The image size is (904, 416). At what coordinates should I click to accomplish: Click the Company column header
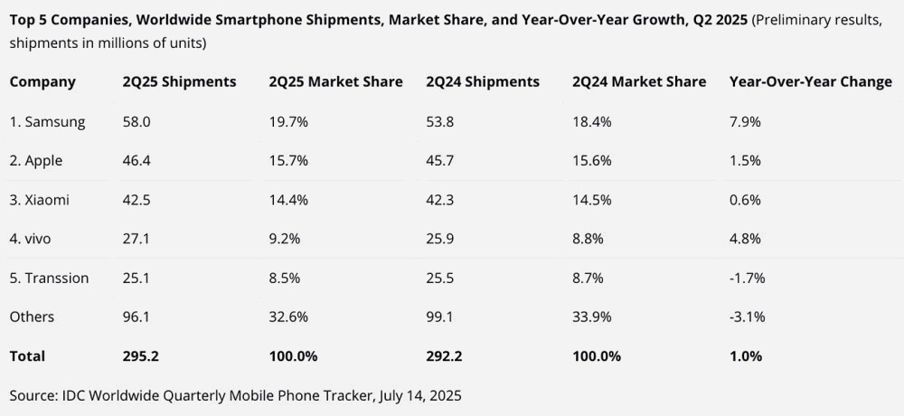[x=42, y=82]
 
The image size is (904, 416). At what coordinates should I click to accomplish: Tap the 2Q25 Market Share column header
[x=335, y=82]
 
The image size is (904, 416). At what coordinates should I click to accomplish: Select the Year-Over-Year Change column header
[x=810, y=82]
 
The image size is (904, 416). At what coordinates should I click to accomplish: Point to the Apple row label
[x=39, y=161]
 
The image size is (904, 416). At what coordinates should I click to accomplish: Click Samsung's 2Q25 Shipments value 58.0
[x=137, y=122]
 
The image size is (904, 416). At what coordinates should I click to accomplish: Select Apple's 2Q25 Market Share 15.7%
[x=288, y=161]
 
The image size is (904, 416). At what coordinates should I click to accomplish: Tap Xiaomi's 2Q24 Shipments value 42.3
[x=440, y=200]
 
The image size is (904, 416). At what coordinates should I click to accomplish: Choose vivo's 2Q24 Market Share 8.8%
[x=589, y=239]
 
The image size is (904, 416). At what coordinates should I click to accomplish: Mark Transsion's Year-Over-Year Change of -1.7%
[x=747, y=278]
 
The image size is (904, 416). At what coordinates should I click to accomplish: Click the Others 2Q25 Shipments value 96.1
[x=137, y=317]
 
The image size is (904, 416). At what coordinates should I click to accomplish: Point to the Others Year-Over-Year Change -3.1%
[x=747, y=317]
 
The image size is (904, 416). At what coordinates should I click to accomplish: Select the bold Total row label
[x=27, y=356]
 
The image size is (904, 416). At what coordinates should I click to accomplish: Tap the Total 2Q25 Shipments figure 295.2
[x=141, y=356]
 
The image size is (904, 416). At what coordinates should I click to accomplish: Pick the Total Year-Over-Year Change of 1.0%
[x=746, y=356]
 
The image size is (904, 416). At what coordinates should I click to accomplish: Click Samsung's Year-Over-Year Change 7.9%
[x=745, y=122]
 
